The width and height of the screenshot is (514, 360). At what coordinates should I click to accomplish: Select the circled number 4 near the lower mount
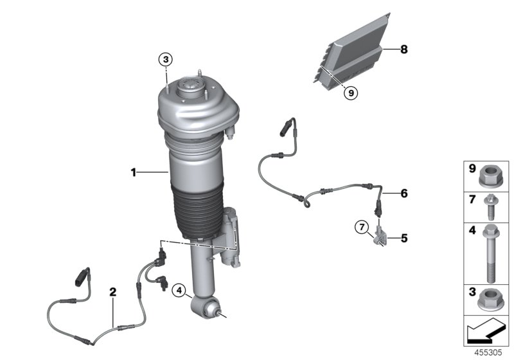click(179, 289)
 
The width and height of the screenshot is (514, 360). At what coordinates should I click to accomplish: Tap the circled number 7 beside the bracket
click(363, 226)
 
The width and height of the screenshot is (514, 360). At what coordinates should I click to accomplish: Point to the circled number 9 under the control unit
click(350, 93)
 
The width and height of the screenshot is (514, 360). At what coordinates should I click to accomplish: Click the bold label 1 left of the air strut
click(133, 172)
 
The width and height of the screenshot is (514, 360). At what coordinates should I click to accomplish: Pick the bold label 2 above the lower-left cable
click(113, 292)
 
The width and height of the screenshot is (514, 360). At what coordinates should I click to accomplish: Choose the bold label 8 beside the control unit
click(403, 50)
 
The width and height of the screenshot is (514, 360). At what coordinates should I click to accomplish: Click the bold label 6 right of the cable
click(403, 192)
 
